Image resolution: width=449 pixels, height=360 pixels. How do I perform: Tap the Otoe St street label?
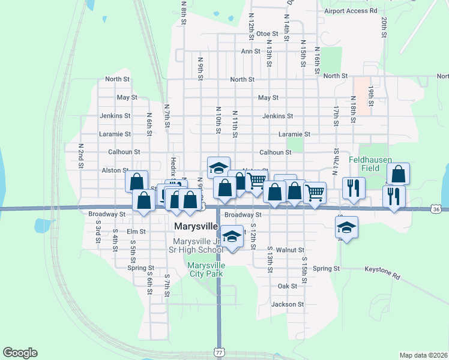[x=267, y=34]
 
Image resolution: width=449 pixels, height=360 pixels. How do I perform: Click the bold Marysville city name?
[x=194, y=226]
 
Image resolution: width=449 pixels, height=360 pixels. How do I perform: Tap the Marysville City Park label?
[x=205, y=269]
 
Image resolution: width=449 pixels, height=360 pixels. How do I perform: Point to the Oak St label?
[x=287, y=286]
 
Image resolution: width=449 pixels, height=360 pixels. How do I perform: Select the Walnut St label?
[x=291, y=250]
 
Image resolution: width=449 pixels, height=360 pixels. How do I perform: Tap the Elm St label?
[x=136, y=231]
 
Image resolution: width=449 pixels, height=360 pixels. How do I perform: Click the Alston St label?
[x=115, y=170]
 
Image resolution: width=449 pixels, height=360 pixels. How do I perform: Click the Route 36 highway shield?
[x=436, y=209]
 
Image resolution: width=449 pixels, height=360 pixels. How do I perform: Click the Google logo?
[x=20, y=353]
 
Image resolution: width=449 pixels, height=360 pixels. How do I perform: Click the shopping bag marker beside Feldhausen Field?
[x=398, y=174]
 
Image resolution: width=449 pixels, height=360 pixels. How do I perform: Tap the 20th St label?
[x=382, y=27]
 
